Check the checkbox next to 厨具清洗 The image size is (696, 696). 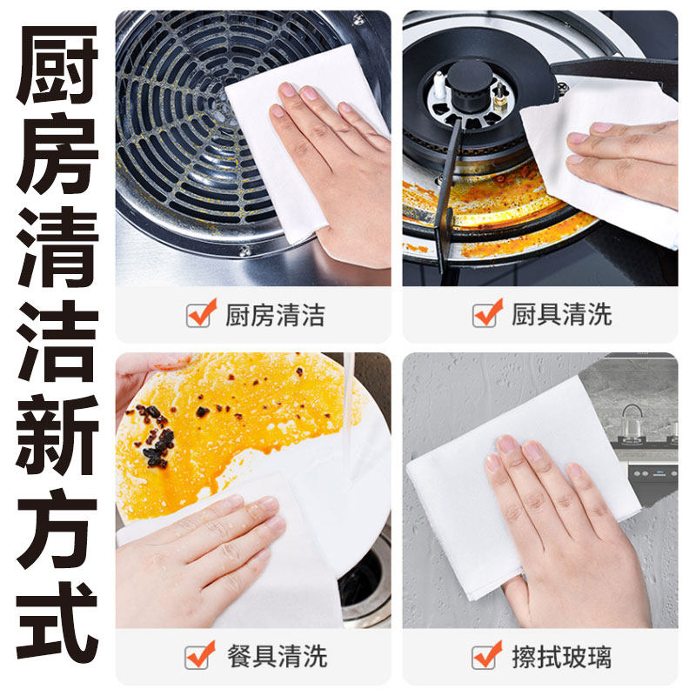tap(487, 313)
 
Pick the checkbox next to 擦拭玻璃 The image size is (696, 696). tap(487, 655)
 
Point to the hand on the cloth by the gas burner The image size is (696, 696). tap(626, 161)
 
